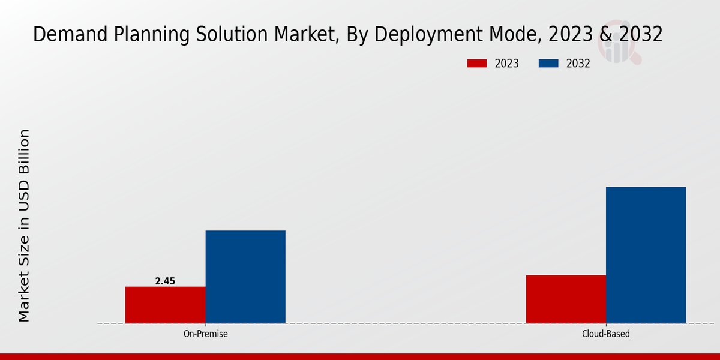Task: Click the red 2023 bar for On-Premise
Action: (x=165, y=305)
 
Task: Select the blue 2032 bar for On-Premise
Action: (x=245, y=277)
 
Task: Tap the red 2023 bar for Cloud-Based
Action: (x=566, y=299)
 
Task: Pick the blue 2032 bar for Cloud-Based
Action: (x=646, y=255)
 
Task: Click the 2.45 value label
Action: (x=165, y=281)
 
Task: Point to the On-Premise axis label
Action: (x=205, y=334)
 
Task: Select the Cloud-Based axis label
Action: (x=606, y=334)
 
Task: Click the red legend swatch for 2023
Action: (x=477, y=64)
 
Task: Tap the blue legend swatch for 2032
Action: (x=549, y=64)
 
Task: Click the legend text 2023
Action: (x=507, y=64)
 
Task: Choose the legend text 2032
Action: (x=578, y=64)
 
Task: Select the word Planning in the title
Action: (x=142, y=35)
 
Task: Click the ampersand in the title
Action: (x=606, y=35)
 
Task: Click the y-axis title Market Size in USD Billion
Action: (x=24, y=225)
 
